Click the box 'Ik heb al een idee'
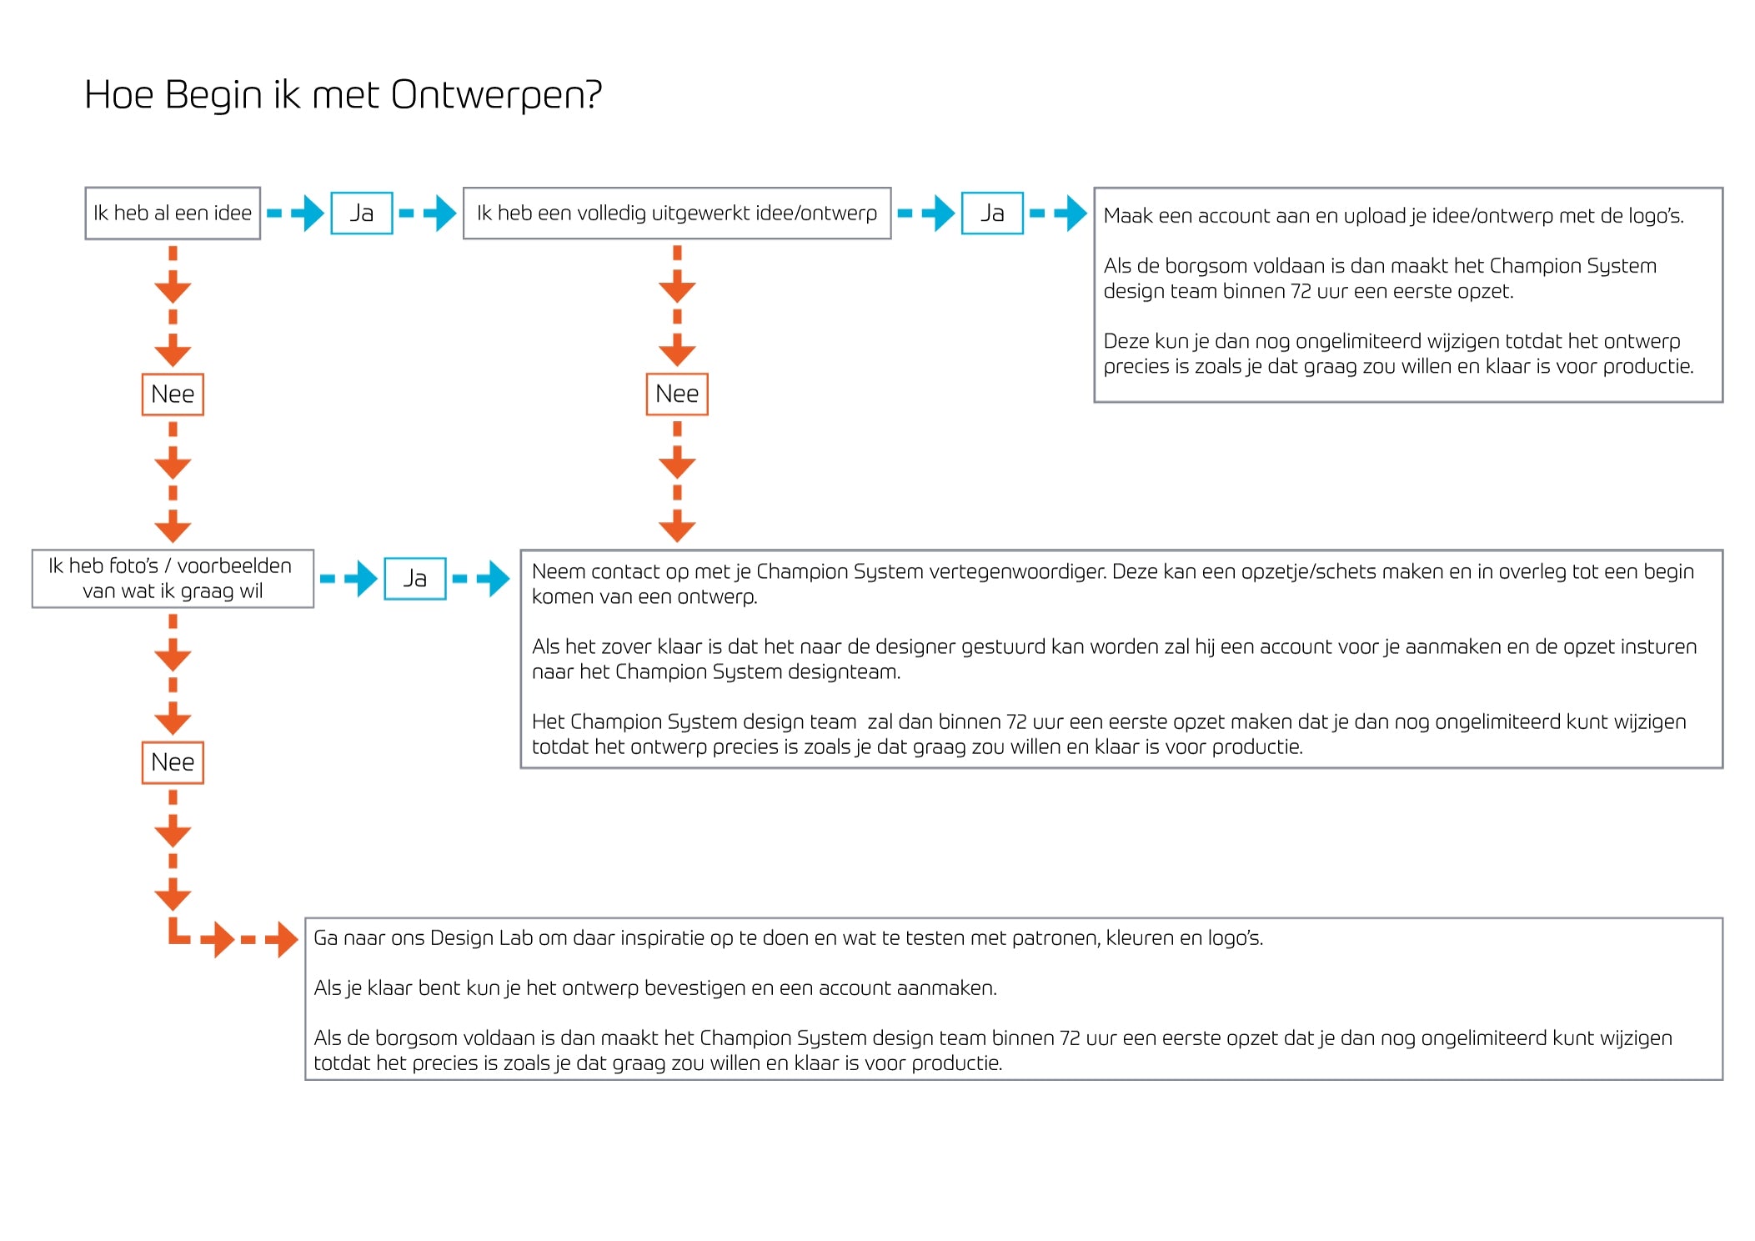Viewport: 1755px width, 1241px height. pos(173,214)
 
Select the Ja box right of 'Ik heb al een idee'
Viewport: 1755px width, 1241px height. pos(361,214)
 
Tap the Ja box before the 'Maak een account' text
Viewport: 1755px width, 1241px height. pos(991,214)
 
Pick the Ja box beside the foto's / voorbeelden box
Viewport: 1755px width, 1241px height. pos(414,579)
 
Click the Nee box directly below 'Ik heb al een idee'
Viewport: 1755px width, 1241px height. pos(173,394)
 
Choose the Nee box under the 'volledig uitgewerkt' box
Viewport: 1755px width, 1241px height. pos(676,394)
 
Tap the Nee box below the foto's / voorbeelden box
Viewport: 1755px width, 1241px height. pos(173,762)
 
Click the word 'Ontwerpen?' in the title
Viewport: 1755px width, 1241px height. pos(496,96)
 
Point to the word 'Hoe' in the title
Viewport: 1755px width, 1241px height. pos(119,95)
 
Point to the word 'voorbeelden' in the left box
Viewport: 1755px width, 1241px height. pos(234,566)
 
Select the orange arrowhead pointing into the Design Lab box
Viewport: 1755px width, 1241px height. pos(283,940)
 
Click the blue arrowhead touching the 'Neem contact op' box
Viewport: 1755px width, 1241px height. pos(498,579)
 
